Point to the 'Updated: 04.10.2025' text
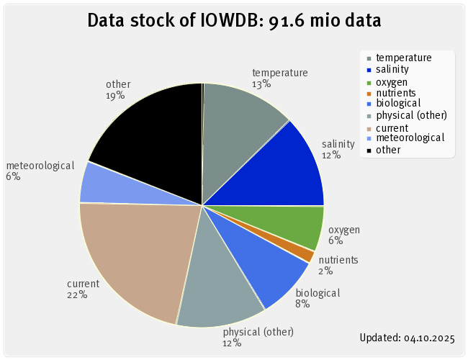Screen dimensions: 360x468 pos(407,336)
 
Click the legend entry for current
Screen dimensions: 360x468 pos(393,127)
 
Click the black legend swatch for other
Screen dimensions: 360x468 pos(369,150)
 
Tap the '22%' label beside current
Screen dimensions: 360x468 pos(77,294)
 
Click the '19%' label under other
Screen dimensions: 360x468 pos(114,95)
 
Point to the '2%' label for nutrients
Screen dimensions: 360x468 pos(325,271)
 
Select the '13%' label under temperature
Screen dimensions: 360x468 pos(261,84)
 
